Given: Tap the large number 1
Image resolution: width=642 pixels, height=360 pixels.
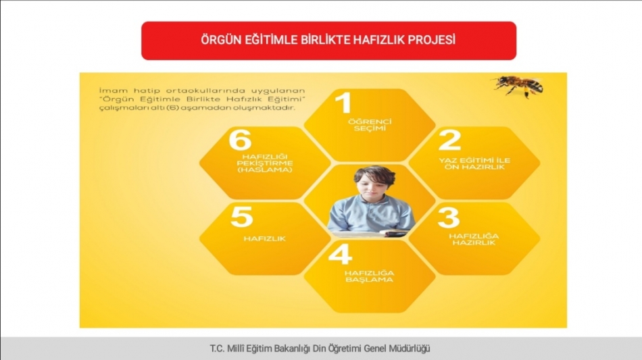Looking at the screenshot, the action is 343,102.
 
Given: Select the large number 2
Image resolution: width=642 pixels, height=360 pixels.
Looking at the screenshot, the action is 449,140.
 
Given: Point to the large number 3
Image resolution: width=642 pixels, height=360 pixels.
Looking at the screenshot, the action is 449,217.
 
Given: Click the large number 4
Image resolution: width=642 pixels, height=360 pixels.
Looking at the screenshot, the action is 340,254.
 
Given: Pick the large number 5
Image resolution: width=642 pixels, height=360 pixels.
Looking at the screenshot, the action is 241,217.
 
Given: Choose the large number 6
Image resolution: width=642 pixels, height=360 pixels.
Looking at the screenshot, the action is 240,140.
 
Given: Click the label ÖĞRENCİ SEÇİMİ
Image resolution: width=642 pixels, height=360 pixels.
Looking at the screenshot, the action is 370,125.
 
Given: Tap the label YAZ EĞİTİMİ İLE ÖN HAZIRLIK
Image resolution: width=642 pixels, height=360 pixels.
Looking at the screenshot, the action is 474,163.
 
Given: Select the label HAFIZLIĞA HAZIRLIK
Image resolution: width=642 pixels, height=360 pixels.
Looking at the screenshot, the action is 474,239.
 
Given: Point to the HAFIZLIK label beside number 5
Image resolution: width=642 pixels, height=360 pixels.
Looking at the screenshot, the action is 264,238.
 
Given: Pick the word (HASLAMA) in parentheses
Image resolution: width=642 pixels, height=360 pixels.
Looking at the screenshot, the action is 265,170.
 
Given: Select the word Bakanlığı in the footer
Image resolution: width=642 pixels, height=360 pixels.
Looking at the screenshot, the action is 292,349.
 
